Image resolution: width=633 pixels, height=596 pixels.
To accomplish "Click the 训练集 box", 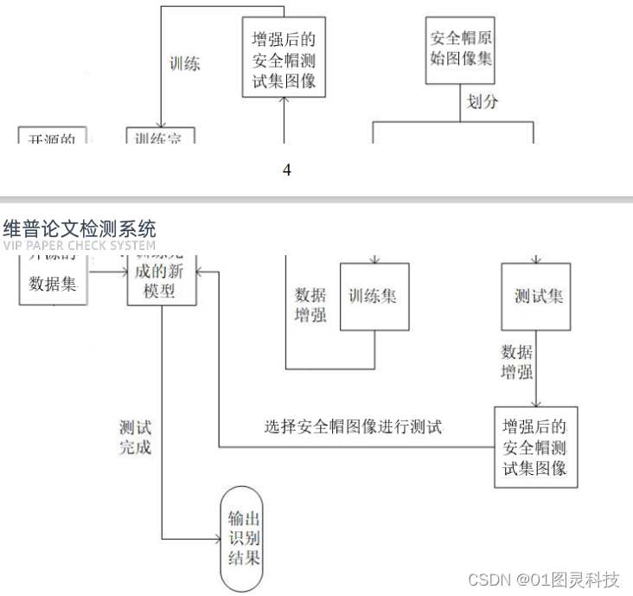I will pos(374,297).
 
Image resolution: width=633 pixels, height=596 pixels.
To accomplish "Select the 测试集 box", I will pos(536,297).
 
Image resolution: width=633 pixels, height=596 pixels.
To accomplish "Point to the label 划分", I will pos(483,102).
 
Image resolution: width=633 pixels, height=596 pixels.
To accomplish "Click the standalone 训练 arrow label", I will pos(184,63).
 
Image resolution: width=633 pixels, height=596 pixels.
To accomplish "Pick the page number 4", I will pos(287,170).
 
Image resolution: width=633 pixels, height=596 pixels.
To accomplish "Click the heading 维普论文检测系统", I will pos(80,229).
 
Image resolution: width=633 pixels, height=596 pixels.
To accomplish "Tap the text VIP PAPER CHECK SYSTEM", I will pos(80,246).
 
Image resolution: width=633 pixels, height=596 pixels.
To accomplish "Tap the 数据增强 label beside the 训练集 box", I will pos(310,304).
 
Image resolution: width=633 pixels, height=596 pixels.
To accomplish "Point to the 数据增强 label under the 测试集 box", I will pos(517,362).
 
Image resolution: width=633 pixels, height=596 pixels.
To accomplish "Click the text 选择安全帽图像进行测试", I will pos(353,426).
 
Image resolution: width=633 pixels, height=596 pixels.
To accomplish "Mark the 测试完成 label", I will pos(135,437).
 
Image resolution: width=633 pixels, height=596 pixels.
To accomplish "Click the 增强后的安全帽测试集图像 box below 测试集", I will pos(535,447).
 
